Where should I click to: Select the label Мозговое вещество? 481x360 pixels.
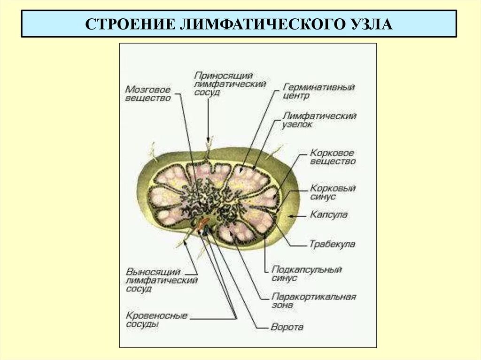coord(147,93)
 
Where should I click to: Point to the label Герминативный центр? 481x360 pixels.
coord(319,91)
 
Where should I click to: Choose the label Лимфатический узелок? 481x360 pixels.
coord(319,120)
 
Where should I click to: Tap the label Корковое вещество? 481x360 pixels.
coord(332,157)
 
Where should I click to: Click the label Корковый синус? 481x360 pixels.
coord(332,192)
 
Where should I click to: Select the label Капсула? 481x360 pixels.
coord(328,214)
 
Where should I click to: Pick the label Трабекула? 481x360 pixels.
coord(332,244)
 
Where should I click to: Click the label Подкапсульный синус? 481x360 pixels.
coord(306,274)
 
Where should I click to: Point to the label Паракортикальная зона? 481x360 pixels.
coord(313,301)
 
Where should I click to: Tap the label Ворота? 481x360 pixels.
coord(287,327)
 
